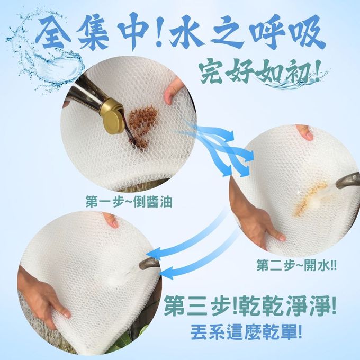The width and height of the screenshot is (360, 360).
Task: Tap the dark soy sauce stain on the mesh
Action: (x=142, y=125)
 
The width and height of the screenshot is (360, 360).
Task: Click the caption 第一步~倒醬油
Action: (x=129, y=202)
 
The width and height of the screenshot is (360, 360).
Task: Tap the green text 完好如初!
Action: (x=260, y=70)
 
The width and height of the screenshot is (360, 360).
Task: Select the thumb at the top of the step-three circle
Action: (x=110, y=219)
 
